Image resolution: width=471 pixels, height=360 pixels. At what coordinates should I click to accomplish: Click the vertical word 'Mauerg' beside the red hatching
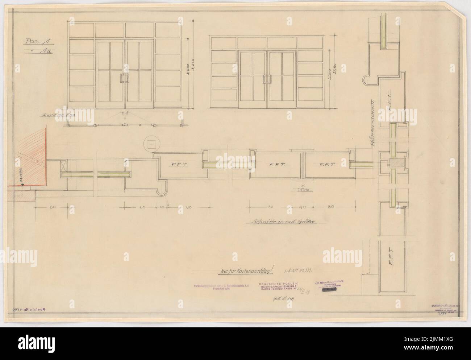[20, 175]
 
